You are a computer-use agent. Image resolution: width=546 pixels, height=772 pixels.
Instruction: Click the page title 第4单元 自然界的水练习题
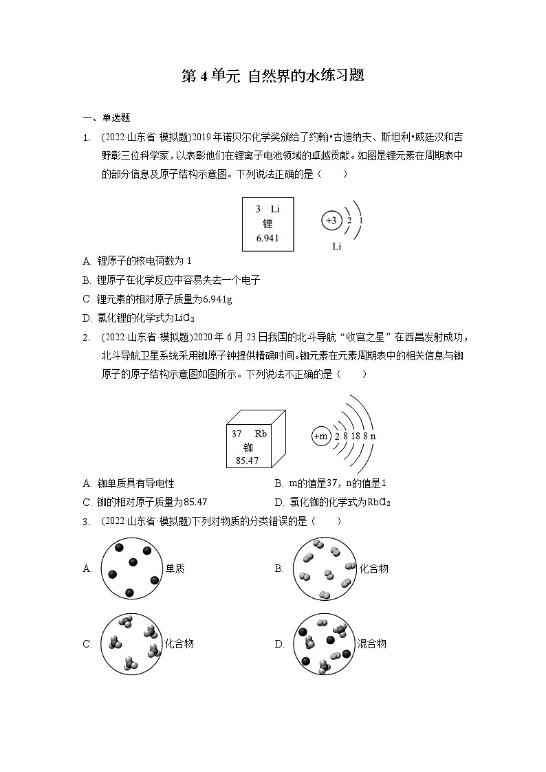[272, 76]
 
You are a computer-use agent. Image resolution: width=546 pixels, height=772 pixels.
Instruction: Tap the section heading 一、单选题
[106, 118]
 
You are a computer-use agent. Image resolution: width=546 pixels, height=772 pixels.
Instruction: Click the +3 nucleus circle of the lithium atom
[331, 220]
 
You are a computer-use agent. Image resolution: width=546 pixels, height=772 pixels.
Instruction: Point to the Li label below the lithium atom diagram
[336, 246]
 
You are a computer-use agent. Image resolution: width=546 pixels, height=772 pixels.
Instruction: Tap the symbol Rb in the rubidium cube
[261, 434]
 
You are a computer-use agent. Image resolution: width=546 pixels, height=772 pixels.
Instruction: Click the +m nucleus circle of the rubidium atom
[321, 436]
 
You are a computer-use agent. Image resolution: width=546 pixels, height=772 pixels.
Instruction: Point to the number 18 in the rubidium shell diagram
[356, 437]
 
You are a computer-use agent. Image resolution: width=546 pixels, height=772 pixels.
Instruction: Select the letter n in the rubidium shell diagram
[373, 437]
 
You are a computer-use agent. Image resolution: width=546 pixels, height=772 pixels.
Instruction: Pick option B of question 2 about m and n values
[337, 484]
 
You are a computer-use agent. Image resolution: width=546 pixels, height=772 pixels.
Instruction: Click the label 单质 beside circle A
[175, 569]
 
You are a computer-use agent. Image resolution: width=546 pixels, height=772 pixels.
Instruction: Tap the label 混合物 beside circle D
[371, 643]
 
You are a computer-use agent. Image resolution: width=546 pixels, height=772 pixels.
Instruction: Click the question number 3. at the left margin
[87, 522]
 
